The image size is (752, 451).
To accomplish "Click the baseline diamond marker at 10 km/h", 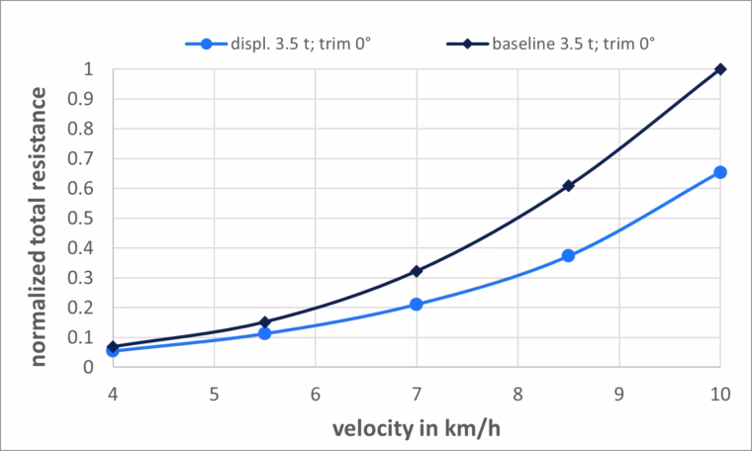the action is pos(720,69).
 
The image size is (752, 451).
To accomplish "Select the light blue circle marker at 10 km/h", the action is pos(720,172).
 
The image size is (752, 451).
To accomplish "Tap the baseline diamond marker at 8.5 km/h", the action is pos(568,186).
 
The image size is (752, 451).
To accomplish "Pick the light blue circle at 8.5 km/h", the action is pos(568,255).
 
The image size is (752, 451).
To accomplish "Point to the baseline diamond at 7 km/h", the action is pos(417,271).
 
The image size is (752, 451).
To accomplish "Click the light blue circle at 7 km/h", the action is pos(417,305).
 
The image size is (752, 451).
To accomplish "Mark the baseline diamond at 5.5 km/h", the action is pos(265,322).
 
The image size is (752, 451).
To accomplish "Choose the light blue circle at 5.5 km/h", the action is pos(265,333).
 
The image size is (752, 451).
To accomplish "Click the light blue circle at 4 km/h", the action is pos(113,351).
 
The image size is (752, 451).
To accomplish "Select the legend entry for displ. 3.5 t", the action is pos(278,45).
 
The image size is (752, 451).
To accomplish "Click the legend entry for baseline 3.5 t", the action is pos(550,45).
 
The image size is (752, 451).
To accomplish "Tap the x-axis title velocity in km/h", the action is pos(417,428).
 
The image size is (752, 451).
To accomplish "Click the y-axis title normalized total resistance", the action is pos(38,226).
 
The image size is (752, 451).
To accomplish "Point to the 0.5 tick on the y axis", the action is pos(80,219).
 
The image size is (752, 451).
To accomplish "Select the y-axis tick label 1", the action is pos(88,69).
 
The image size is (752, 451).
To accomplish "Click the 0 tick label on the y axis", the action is pos(88,368).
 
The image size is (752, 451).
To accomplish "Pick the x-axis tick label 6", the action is pos(315,394).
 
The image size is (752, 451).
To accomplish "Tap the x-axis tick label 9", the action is pos(618,394).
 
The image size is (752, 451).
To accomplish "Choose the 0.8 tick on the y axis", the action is pos(80,129).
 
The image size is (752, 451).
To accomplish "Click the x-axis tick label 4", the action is pos(113,394).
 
